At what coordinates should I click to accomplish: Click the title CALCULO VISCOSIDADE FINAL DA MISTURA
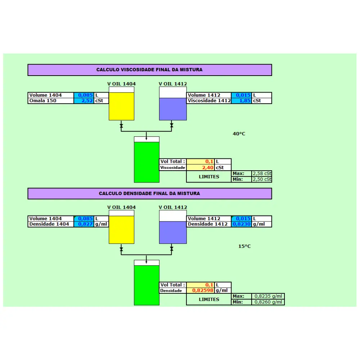point(149,69)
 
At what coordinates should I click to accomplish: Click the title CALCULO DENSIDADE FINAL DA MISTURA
point(149,193)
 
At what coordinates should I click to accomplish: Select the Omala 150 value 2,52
point(87,100)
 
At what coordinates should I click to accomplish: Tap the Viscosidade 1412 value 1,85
point(245,100)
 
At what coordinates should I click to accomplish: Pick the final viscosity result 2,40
point(208,168)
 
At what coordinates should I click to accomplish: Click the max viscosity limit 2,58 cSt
point(262,174)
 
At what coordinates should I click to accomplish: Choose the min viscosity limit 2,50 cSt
point(262,179)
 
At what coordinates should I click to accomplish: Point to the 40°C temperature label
point(239,134)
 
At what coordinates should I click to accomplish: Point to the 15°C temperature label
point(244,246)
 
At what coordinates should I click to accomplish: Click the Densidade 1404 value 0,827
point(85,224)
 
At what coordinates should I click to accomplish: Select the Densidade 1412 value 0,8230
point(242,224)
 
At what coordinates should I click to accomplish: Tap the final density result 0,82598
point(203,291)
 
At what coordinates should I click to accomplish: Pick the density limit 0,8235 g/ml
point(268,296)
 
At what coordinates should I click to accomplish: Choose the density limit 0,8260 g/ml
point(268,302)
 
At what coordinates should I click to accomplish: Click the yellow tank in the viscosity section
point(121,104)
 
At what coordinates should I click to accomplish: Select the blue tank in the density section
point(173,227)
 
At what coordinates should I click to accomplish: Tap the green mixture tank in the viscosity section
point(147,159)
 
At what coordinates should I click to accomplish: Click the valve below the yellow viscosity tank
point(121,126)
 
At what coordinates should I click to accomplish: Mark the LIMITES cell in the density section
point(209,300)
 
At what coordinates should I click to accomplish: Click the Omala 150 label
point(43,100)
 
